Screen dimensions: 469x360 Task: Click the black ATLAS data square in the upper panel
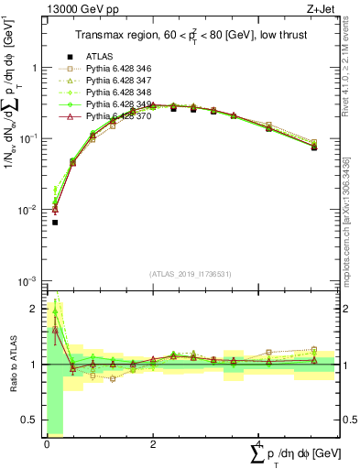55,223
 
